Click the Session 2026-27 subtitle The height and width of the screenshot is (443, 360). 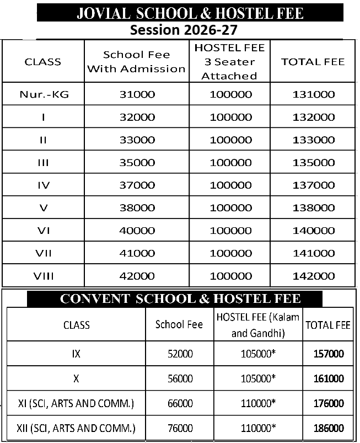click(x=184, y=29)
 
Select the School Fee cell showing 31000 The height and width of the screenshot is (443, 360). click(x=137, y=94)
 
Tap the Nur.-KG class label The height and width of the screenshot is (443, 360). click(x=44, y=94)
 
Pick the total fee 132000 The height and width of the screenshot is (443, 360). click(x=313, y=117)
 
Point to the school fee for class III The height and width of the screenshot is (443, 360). click(x=137, y=163)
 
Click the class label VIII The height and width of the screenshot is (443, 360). click(x=44, y=276)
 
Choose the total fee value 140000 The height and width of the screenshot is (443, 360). click(x=313, y=231)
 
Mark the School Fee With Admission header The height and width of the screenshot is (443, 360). click(x=137, y=62)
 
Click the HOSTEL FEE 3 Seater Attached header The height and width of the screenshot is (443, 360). click(x=229, y=62)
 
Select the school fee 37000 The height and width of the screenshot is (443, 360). click(x=137, y=185)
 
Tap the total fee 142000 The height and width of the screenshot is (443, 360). click(x=313, y=276)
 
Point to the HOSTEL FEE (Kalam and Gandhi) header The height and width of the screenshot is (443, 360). click(x=258, y=324)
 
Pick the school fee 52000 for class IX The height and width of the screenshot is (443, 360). click(x=180, y=354)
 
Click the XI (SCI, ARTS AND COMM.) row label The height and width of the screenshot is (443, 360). click(x=76, y=403)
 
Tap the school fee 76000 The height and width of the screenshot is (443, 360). click(x=180, y=428)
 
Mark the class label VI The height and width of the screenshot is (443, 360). click(x=44, y=231)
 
